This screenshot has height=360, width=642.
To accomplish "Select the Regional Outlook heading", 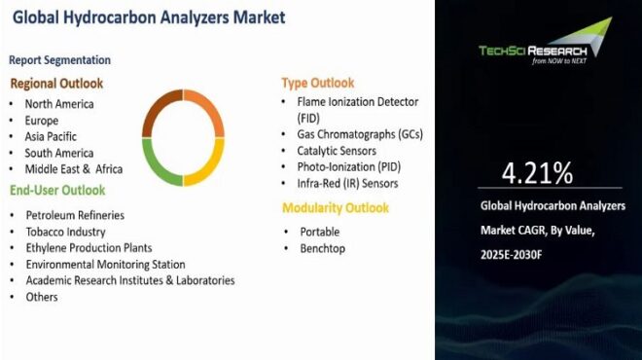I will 56,83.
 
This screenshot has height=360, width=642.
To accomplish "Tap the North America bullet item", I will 59,104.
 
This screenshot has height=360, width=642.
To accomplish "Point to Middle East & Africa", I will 74,169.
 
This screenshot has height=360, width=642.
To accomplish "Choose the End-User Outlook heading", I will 57,190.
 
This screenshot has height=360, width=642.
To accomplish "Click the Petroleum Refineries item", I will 75,214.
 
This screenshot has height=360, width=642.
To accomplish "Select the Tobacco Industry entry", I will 66,232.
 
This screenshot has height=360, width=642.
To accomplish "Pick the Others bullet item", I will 42,297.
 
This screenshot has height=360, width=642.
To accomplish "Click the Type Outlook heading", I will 318,83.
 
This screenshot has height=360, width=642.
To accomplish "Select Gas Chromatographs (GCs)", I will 360,134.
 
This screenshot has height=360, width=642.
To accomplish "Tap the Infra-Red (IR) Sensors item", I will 346,183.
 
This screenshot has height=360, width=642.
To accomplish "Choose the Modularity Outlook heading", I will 336,207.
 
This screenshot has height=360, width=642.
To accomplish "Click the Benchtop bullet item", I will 321,249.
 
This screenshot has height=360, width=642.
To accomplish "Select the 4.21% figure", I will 537,173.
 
